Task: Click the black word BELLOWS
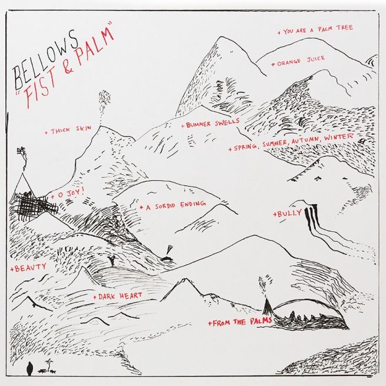(46, 59)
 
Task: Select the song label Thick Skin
(68, 129)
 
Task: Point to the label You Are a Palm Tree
(315, 29)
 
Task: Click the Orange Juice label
(298, 61)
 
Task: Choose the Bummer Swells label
(211, 123)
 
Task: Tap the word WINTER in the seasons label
(338, 137)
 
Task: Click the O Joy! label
(68, 194)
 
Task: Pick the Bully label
(287, 213)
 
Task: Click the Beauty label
(28, 268)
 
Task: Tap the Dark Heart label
(118, 295)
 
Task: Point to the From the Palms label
(240, 322)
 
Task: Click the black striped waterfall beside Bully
(311, 218)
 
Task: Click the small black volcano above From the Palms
(267, 307)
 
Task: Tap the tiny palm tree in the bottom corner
(49, 365)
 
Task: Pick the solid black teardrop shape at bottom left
(29, 368)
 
